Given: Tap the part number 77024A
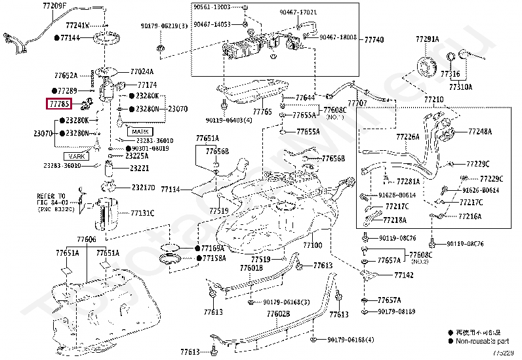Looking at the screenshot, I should (x=142, y=72).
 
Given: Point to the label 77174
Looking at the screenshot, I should (x=147, y=85).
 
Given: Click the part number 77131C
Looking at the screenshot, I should (x=142, y=213).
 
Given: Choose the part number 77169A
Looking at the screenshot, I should (x=213, y=249).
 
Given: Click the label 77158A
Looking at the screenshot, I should (x=213, y=259).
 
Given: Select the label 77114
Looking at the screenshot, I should (x=170, y=190).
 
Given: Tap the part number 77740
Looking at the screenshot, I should (x=374, y=40).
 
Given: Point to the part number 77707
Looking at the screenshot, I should (x=357, y=104).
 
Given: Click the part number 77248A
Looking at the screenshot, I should (x=480, y=132).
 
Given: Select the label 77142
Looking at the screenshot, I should (x=404, y=275).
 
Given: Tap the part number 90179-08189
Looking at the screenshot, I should (x=400, y=311).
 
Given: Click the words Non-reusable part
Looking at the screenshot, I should (x=484, y=341).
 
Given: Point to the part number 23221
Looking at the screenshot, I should (x=139, y=169).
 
